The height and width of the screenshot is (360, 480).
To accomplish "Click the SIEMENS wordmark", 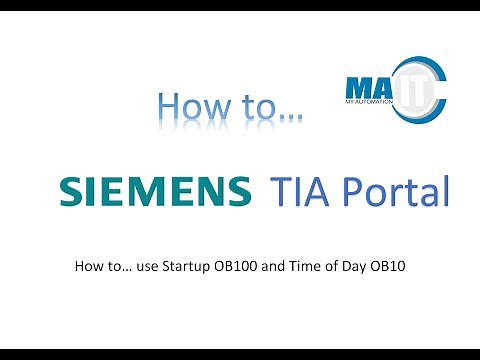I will click(x=156, y=191).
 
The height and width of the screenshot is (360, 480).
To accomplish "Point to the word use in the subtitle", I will click(x=133, y=267).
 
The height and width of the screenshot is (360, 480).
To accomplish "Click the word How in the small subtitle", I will click(x=88, y=267).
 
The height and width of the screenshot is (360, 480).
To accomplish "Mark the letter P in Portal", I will click(x=345, y=190).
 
